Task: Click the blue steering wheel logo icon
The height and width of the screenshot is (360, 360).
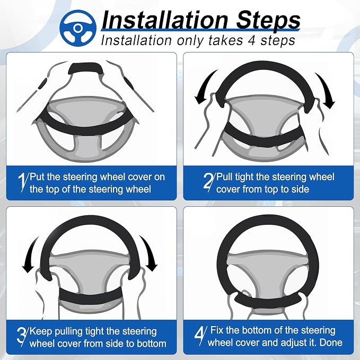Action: pyautogui.click(x=78, y=28)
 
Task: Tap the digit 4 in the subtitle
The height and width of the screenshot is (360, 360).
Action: pyautogui.click(x=252, y=40)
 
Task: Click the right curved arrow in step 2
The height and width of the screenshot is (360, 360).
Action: pyautogui.click(x=325, y=90)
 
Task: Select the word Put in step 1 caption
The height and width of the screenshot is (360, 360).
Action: pyautogui.click(x=37, y=177)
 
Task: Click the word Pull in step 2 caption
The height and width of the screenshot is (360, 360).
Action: pyautogui.click(x=224, y=177)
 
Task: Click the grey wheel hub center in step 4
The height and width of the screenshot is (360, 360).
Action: pyautogui.click(x=267, y=270)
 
